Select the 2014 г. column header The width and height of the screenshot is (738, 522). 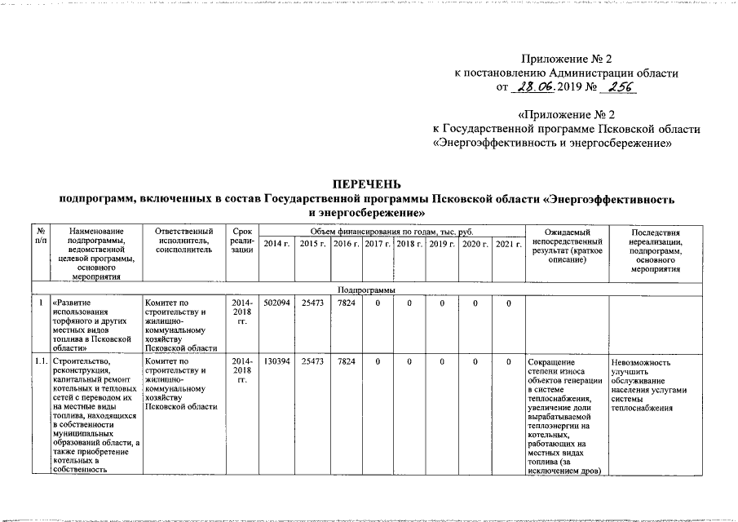pos(277,244)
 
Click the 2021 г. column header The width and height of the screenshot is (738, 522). pos(507,244)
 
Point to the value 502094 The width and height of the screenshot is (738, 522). pos(277,304)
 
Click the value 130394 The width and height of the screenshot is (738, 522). pos(277,361)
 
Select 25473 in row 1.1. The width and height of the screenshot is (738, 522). pos(312,361)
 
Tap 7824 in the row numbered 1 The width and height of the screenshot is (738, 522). pos(345,304)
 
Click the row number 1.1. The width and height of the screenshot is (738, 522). pos(39,361)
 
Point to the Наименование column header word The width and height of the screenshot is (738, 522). pos(95,232)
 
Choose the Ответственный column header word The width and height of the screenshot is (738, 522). pos(183,232)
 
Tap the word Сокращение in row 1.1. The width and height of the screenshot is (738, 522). pos(550,362)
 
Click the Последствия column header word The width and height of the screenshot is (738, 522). pos(657,232)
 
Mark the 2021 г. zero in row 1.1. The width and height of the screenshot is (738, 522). pos(507,361)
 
